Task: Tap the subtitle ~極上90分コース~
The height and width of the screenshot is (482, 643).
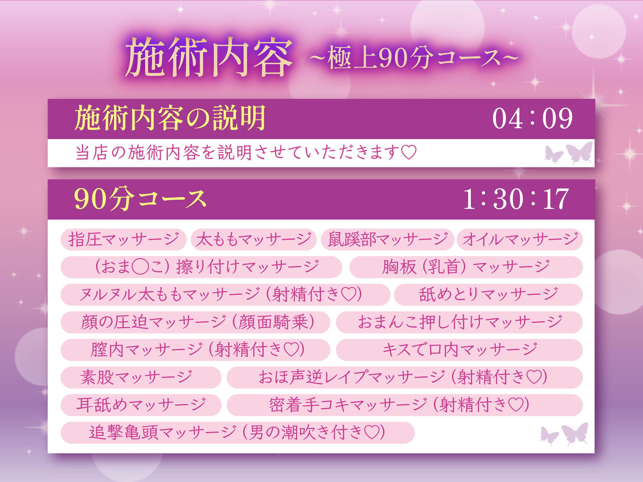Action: click(x=414, y=58)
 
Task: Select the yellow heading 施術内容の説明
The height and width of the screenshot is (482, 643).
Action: click(x=170, y=118)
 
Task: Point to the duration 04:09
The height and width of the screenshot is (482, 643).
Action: click(x=532, y=119)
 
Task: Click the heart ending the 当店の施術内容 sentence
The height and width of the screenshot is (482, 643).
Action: click(x=409, y=152)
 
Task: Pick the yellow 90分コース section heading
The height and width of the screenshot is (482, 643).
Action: click(x=140, y=199)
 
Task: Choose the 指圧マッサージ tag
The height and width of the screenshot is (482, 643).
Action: click(x=123, y=239)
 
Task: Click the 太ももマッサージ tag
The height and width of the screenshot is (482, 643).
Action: click(x=253, y=239)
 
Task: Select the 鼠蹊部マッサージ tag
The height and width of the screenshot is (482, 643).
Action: click(x=387, y=239)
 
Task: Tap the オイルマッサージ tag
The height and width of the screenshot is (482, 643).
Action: click(x=520, y=239)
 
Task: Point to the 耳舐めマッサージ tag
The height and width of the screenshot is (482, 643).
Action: click(x=141, y=405)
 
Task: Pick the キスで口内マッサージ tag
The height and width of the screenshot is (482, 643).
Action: click(x=459, y=350)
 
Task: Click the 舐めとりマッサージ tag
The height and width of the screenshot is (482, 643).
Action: click(x=488, y=294)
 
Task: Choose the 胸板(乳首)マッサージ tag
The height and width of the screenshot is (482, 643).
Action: click(x=466, y=267)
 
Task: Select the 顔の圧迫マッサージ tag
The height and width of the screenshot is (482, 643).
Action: click(x=195, y=322)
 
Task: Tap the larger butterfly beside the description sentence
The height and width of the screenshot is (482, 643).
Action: click(x=580, y=152)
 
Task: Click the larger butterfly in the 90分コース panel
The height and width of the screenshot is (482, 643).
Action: click(x=575, y=433)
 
